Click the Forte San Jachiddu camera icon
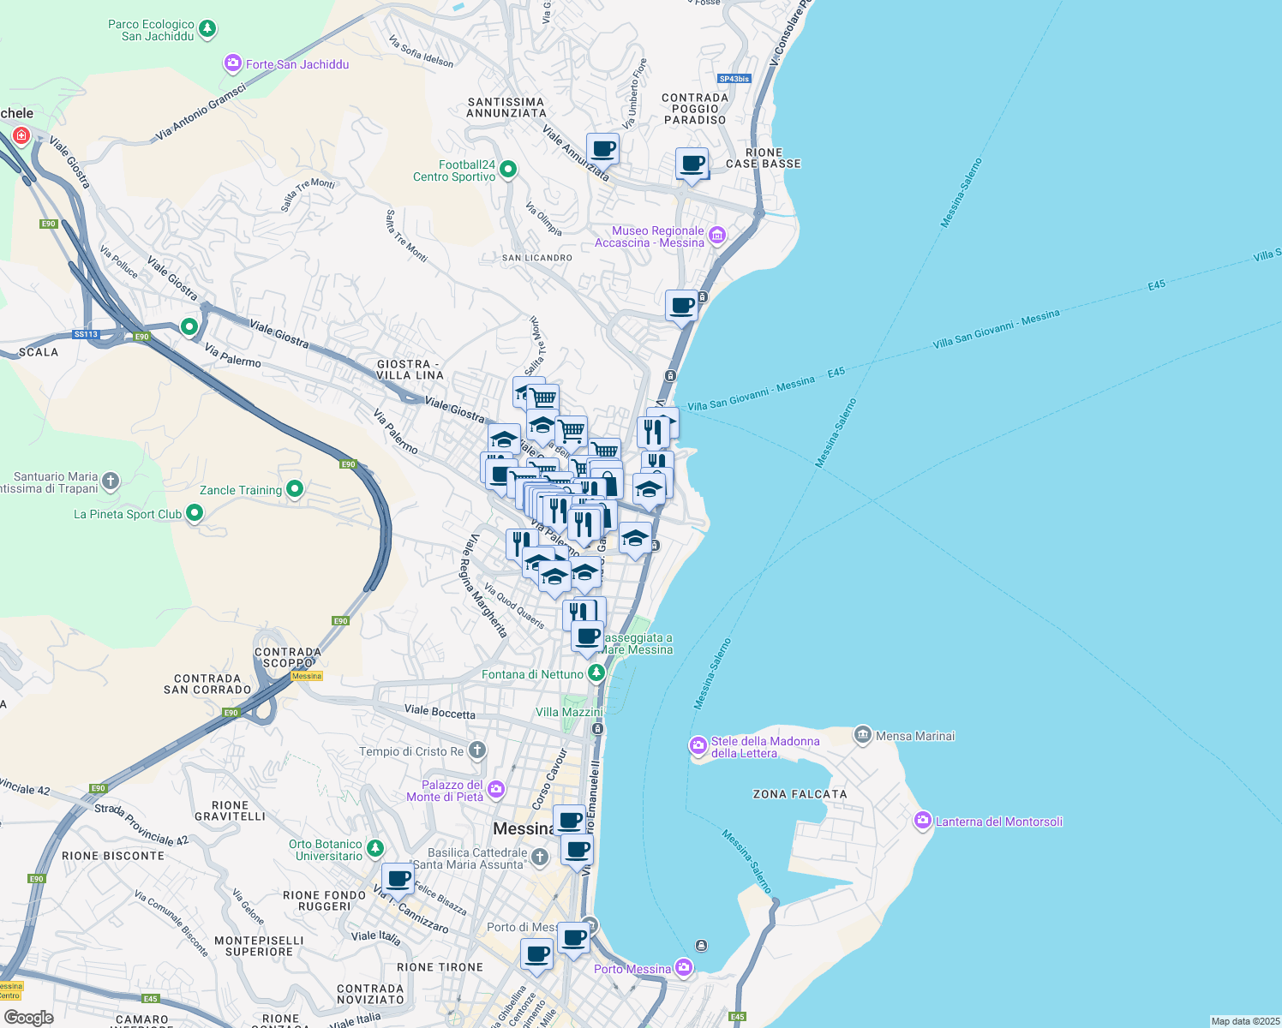coord(232,63)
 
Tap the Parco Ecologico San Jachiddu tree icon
coord(207,30)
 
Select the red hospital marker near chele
coord(21,135)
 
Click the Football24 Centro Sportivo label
coord(454,170)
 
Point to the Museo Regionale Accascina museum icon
coord(717,236)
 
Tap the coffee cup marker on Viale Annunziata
coord(603,148)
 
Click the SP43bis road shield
coord(734,79)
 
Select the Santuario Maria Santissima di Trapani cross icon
coord(111,481)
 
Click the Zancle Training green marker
coord(295,489)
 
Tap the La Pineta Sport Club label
coord(128,514)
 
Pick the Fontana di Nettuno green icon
coord(596,673)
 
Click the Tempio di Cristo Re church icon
coord(477,750)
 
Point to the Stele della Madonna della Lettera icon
coord(698,746)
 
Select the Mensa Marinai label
coord(915,736)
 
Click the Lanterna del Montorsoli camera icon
coord(923,821)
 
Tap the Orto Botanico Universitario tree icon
coord(375,848)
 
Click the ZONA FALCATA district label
coord(800,794)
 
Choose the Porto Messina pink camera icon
coord(684,968)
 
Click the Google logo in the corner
coord(29,1017)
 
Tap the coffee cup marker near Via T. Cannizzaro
coord(398,879)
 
